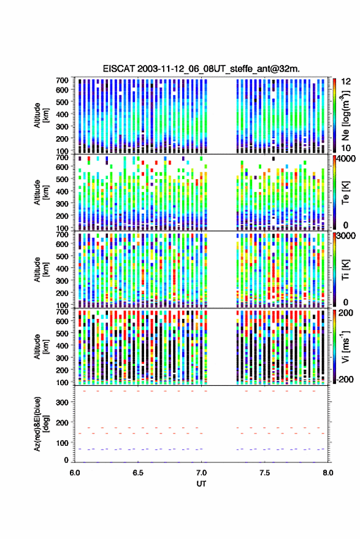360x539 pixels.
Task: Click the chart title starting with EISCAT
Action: pos(201,69)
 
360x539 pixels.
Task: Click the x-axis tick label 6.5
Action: pos(138,473)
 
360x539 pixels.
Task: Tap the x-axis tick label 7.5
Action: pos(264,473)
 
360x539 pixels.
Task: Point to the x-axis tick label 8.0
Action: pos(327,473)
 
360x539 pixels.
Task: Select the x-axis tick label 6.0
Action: pos(75,473)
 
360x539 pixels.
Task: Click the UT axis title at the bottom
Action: pos(201,484)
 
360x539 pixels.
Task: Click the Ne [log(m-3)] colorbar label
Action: pos(345,115)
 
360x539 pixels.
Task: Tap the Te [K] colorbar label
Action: pos(345,193)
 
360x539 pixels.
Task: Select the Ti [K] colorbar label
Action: pos(345,270)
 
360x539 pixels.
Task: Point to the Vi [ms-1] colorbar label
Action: pos(345,346)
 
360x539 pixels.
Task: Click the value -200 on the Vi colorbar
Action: pos(345,380)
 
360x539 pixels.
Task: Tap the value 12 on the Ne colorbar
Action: pos(346,82)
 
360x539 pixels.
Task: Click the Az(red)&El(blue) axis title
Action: pos(41,424)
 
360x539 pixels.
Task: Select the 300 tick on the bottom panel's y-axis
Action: pos(63,402)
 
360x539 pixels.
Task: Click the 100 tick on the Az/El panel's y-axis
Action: pos(63,443)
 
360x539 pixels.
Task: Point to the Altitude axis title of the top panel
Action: pos(41,115)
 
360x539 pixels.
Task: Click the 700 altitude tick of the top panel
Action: pos(63,80)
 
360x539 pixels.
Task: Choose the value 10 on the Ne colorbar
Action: pos(346,148)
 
